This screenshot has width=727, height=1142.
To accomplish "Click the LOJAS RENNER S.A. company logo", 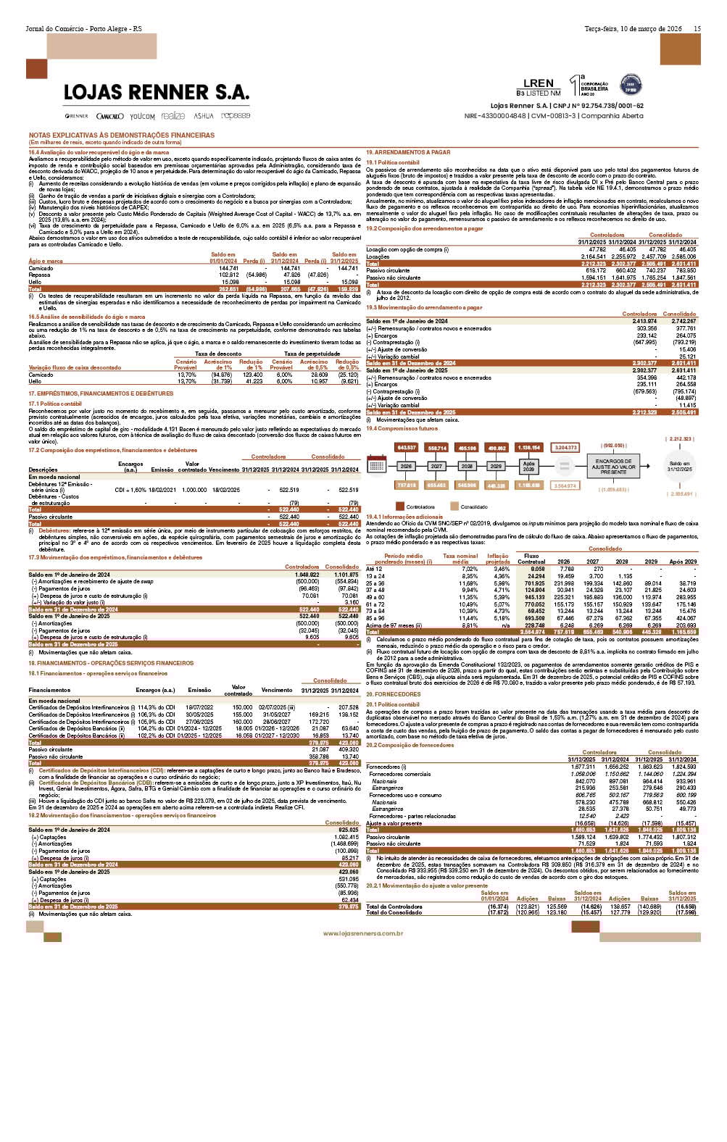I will coord(156,93).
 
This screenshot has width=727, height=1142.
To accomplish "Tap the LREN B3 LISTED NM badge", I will coord(538,87).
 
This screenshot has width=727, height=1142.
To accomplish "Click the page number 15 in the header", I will coord(697,29).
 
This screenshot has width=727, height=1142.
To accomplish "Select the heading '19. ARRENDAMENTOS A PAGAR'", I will coord(407,152).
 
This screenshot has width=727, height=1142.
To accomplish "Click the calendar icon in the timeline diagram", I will coord(377,466).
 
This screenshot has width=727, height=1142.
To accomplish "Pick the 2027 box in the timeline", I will coord(436,466).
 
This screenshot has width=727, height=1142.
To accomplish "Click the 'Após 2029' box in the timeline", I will coord(528,466).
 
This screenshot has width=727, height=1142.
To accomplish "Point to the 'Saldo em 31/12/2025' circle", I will coord(680,466).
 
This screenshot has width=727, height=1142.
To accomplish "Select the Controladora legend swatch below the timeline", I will coord(399,507).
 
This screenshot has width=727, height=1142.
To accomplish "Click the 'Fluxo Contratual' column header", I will coord(531,559).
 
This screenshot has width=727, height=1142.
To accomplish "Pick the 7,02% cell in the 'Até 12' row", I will coord(469,569).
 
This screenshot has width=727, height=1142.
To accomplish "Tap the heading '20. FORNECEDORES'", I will coord(394,694).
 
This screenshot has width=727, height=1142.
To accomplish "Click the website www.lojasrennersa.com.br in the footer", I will coord(363,933).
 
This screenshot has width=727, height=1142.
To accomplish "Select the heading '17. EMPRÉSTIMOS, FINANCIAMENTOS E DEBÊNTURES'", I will coord(101,393).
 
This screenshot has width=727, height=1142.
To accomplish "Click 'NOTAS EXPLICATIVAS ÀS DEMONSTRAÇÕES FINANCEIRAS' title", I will coord(122,135).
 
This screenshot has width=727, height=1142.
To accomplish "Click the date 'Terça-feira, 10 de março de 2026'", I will coord(633,29).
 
